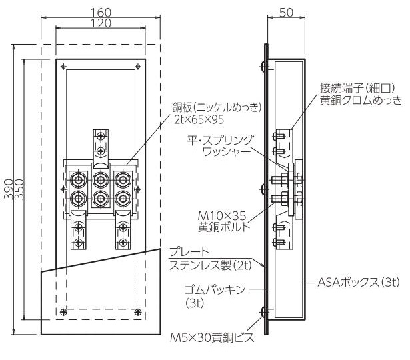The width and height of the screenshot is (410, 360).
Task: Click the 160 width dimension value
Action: pyautogui.click(x=101, y=13)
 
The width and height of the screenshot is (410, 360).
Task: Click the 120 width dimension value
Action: pyautogui.click(x=101, y=23)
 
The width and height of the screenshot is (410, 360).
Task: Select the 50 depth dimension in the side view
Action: pyautogui.click(x=286, y=13)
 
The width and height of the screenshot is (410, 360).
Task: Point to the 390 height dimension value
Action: pyautogui.click(x=9, y=189)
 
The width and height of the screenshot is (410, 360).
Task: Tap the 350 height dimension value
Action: pyautogui.click(x=19, y=189)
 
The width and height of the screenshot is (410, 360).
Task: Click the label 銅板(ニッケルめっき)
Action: pyautogui.click(x=217, y=107)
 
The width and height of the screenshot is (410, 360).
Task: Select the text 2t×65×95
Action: pyautogui.click(x=199, y=119)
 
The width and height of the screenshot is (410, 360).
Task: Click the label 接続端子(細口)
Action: pyautogui.click(x=357, y=89)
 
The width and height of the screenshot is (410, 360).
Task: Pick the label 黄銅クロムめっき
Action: pyautogui.click(x=361, y=100)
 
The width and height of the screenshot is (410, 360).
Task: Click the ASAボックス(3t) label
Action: pyautogui.click(x=359, y=283)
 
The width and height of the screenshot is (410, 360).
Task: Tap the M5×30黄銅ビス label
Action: pyautogui.click(x=212, y=337)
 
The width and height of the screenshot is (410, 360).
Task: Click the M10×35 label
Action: pyautogui.click(x=222, y=216)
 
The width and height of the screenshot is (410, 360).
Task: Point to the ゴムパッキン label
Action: pyautogui.click(x=215, y=290)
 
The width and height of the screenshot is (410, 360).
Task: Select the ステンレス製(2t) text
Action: pyautogui.click(x=211, y=265)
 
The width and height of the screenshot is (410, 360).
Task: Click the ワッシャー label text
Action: pyautogui.click(x=225, y=152)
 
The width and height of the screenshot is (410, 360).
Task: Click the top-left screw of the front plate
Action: pyautogui.click(x=63, y=67)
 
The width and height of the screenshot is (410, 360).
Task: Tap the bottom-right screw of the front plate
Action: pyautogui.click(x=138, y=311)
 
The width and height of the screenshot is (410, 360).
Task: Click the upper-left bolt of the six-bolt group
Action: pyautogui.click(x=78, y=179)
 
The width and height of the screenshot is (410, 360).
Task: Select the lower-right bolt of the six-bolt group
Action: pyautogui.click(x=123, y=199)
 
